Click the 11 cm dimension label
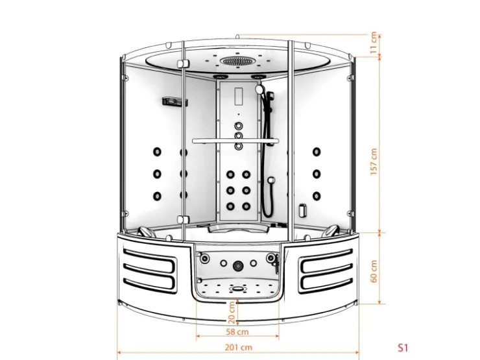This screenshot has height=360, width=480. [x=374, y=43]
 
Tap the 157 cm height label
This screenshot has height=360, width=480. [x=374, y=162]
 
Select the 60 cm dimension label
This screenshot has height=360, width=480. [x=374, y=271]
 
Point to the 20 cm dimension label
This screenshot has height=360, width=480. [x=232, y=313]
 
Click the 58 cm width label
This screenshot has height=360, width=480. [x=237, y=331]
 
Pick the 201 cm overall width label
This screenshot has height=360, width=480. [x=239, y=348]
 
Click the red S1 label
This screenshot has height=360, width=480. [x=403, y=348]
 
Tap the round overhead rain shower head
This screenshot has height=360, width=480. [x=237, y=60]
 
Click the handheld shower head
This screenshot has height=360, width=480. [x=259, y=89]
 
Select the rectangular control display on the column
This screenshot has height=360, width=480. [x=239, y=96]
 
